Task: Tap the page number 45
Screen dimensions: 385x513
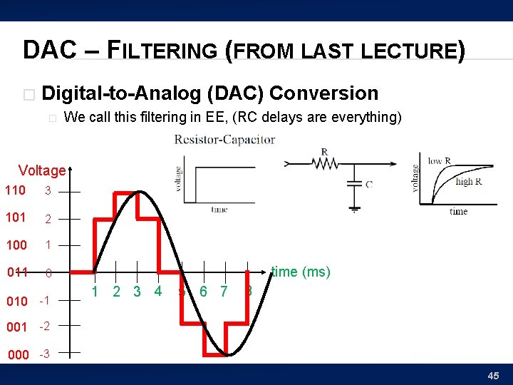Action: click(x=494, y=376)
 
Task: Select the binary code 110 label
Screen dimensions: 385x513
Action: click(x=15, y=190)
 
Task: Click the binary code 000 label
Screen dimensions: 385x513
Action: click(x=17, y=354)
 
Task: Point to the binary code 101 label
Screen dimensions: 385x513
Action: click(x=15, y=217)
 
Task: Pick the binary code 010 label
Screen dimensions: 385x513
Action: click(x=17, y=301)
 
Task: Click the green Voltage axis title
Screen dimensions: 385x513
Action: click(x=41, y=170)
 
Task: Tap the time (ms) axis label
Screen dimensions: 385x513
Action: click(x=300, y=272)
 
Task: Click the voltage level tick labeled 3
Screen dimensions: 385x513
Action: click(x=48, y=191)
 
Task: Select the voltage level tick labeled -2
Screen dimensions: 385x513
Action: click(x=44, y=327)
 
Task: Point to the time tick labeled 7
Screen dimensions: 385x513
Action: click(x=224, y=291)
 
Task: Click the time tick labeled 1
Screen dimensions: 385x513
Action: click(x=95, y=291)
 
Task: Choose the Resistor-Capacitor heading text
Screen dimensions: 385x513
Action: click(x=224, y=140)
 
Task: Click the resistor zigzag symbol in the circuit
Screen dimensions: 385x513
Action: click(x=326, y=163)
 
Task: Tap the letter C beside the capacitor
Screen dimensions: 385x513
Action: click(x=368, y=184)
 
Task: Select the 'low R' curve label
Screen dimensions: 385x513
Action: click(x=439, y=161)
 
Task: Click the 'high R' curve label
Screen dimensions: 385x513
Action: click(x=468, y=181)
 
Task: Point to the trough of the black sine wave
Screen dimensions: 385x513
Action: click(x=227, y=354)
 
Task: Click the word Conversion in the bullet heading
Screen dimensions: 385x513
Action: click(x=324, y=93)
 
